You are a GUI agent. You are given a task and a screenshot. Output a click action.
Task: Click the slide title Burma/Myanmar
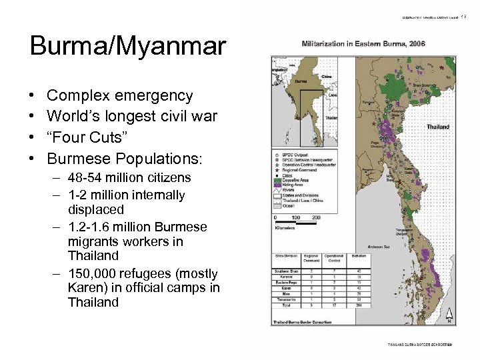pyautogui.click(x=128, y=46)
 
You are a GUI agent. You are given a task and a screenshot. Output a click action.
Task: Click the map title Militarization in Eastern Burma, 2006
pyautogui.click(x=363, y=44)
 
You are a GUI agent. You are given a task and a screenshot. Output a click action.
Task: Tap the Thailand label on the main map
pyautogui.click(x=437, y=127)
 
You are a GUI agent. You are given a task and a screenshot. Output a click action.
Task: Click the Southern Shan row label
pyautogui.click(x=286, y=271)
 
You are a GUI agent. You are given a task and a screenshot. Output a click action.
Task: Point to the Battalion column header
pyautogui.click(x=359, y=256)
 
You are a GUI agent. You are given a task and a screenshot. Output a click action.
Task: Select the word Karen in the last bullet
pyautogui.click(x=84, y=287)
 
